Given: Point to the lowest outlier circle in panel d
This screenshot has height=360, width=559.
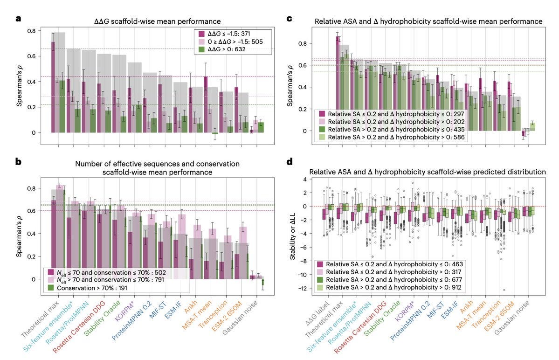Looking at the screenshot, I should pyautogui.click(x=504, y=290).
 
